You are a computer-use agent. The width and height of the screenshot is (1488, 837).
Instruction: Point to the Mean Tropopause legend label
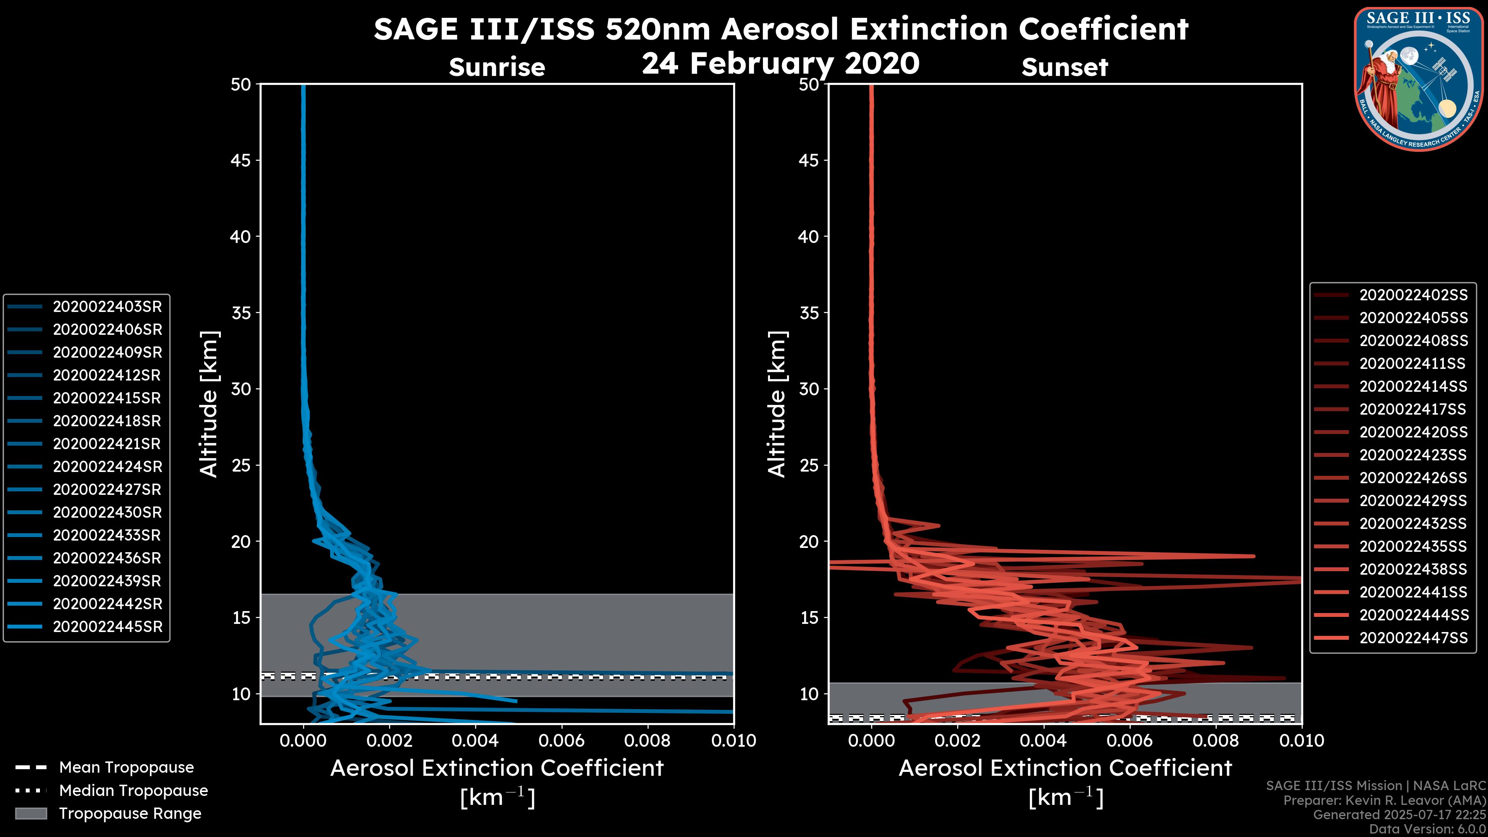tap(126, 768)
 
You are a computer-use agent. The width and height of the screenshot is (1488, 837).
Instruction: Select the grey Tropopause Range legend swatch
tap(31, 813)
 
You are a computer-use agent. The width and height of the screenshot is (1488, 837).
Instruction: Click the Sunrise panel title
tap(497, 67)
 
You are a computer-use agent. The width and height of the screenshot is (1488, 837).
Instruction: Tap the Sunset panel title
tap(1064, 67)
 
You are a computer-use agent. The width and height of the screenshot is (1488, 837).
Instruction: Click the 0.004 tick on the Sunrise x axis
tap(475, 741)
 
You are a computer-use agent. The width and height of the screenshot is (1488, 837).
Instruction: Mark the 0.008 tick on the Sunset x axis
tap(1216, 741)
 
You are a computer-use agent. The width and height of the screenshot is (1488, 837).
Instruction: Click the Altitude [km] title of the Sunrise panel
tap(208, 404)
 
